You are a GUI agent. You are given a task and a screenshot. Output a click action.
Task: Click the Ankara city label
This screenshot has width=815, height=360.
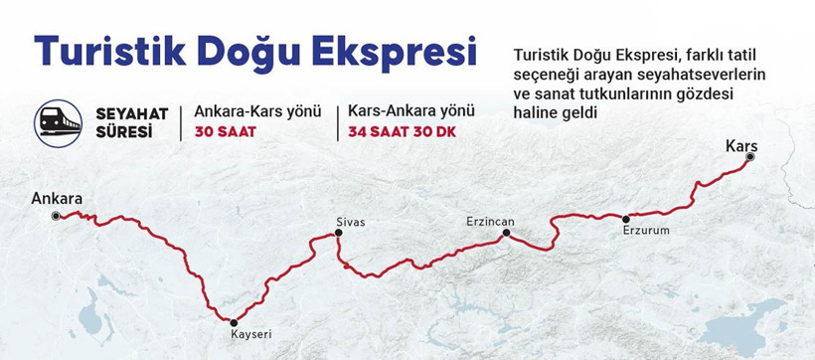point(57,198)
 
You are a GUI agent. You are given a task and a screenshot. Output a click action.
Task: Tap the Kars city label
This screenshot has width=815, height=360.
point(741,146)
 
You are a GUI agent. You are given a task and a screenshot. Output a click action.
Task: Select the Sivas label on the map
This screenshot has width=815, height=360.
point(351,222)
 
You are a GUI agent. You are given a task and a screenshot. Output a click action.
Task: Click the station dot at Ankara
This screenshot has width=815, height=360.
point(57,215)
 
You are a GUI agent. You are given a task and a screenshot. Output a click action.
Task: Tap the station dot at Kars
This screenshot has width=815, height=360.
point(751,158)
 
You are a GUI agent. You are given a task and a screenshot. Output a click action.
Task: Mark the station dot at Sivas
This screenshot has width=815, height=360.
point(339,233)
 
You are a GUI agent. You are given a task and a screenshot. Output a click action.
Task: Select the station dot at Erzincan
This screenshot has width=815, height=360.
point(506,233)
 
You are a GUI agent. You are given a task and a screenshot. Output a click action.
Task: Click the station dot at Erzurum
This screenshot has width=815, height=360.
point(626,218)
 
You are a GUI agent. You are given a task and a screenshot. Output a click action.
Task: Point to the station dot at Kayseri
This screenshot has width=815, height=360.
point(234,321)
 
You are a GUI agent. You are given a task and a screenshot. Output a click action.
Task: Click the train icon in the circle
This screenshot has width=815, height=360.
point(59,122)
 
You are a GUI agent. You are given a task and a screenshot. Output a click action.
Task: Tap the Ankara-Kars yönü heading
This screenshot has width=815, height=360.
point(257,111)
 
